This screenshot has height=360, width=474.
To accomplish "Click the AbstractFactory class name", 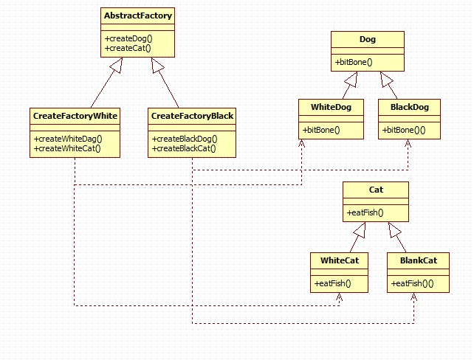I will pyautogui.click(x=138, y=15).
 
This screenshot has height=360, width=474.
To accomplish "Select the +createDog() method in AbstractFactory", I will pyautogui.click(x=128, y=38).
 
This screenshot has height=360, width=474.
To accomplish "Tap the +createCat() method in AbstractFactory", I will pyautogui.click(x=127, y=48).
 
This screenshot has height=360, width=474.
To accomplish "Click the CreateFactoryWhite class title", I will pyautogui.click(x=75, y=116).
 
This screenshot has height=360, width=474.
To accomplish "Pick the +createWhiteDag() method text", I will pyautogui.click(x=67, y=139).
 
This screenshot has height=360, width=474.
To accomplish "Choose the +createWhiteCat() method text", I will pyautogui.click(x=66, y=148).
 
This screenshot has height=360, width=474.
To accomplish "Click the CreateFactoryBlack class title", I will pyautogui.click(x=192, y=116).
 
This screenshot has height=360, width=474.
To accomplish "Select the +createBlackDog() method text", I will pyautogui.click(x=184, y=139).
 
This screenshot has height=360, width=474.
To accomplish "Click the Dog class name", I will pyautogui.click(x=367, y=38).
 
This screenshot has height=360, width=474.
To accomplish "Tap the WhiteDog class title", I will pyautogui.click(x=331, y=107).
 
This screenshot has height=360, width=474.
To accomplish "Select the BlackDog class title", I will pyautogui.click(x=408, y=107).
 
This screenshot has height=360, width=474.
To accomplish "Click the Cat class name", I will pyautogui.click(x=376, y=190).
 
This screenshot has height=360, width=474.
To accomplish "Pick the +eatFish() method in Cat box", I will pyautogui.click(x=365, y=213).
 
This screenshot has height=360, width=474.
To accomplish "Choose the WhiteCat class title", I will pyautogui.click(x=340, y=260).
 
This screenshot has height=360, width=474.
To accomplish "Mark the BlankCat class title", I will pyautogui.click(x=418, y=260).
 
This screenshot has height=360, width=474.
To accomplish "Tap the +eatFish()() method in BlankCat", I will pyautogui.click(x=412, y=283).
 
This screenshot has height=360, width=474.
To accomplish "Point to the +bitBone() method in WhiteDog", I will pyautogui.click(x=320, y=131).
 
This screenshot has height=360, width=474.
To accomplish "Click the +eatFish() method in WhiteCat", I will pyautogui.click(x=332, y=283).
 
